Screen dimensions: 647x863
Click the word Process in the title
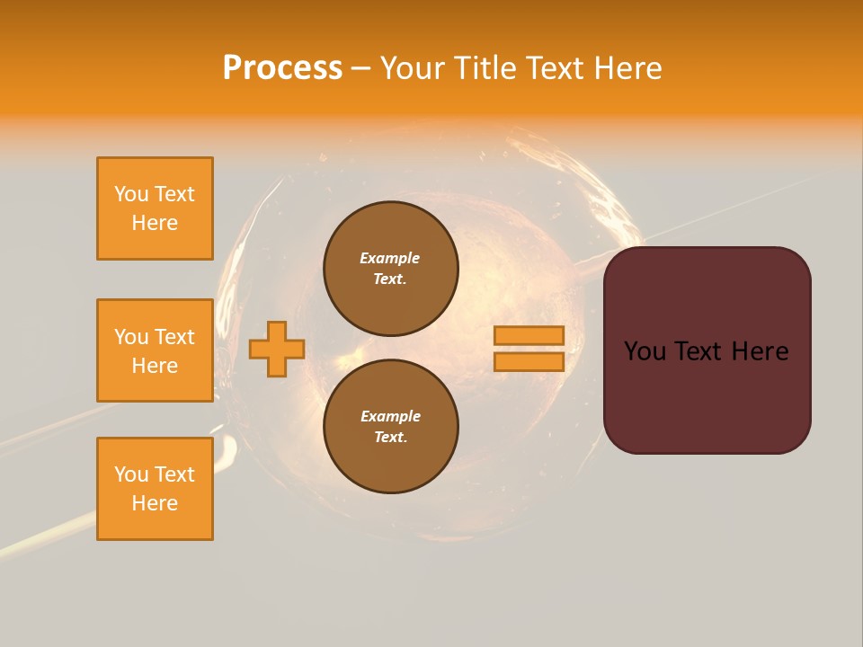click(x=282, y=68)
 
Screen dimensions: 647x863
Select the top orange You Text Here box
click(x=155, y=208)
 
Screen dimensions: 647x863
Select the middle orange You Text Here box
click(x=155, y=350)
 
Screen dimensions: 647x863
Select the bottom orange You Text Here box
click(x=155, y=489)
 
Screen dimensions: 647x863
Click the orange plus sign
click(x=277, y=348)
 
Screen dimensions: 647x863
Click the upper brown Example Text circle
click(x=391, y=269)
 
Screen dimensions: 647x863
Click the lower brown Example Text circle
click(x=391, y=427)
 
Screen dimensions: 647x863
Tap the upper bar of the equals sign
click(x=529, y=335)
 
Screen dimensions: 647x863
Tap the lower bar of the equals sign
click(x=529, y=361)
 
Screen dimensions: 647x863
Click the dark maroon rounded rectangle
click(x=707, y=395)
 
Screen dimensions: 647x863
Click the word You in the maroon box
click(x=645, y=351)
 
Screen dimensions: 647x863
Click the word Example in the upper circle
click(x=390, y=258)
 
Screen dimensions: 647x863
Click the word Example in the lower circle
click(x=390, y=416)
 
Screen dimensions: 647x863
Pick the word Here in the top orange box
click(x=155, y=223)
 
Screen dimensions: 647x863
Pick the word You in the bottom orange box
click(x=131, y=474)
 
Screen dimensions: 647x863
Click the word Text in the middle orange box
click(x=174, y=337)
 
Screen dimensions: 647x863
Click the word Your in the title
click(x=414, y=68)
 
